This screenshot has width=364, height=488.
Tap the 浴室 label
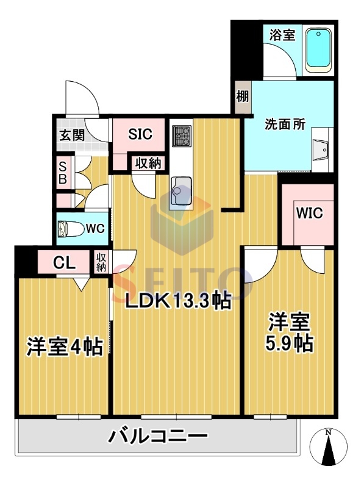pyautogui.click(x=282, y=35)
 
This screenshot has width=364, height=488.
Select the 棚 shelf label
pyautogui.click(x=243, y=96)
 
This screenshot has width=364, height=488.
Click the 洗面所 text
pyautogui.click(x=285, y=124)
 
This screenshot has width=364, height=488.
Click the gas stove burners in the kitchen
pyautogui.click(x=181, y=135)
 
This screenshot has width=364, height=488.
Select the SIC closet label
pyautogui.click(x=140, y=134)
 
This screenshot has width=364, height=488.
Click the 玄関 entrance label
pyautogui.click(x=72, y=135)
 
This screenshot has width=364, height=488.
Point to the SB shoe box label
pyautogui.click(x=63, y=173)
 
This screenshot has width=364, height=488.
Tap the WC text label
pyautogui.click(x=96, y=229)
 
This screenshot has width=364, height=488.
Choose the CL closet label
pyautogui.click(x=64, y=263)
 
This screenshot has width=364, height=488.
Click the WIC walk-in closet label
pyautogui.click(x=309, y=213)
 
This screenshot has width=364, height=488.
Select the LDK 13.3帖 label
pyautogui.click(x=178, y=300)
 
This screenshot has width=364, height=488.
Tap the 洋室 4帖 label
pyautogui.click(x=65, y=346)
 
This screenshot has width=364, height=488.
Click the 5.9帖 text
pyautogui.click(x=289, y=343)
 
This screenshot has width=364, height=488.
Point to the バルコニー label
pyautogui.click(x=158, y=436)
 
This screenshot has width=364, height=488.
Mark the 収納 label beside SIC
pyautogui.click(x=148, y=163)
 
